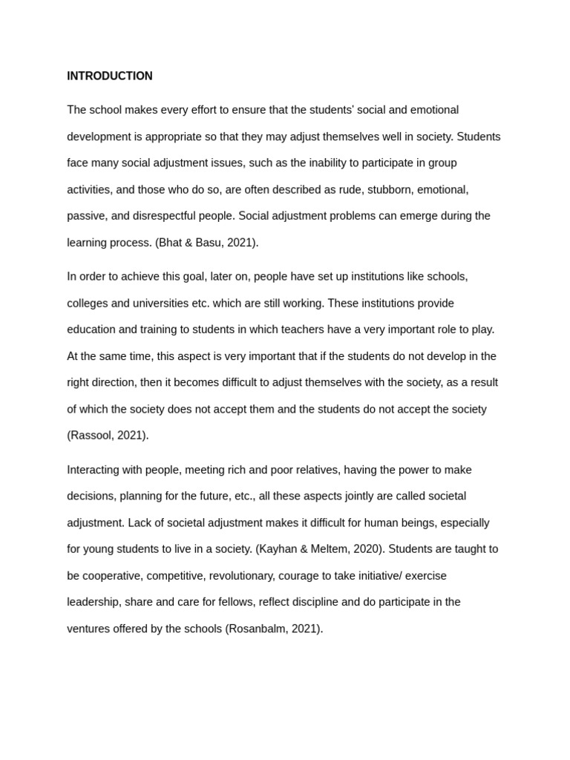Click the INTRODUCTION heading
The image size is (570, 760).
[x=110, y=76]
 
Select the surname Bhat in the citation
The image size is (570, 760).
[x=172, y=242]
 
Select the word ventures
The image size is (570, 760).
[x=90, y=628]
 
